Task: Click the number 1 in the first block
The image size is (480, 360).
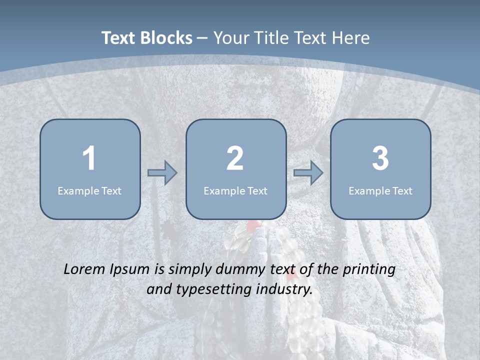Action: point(89,158)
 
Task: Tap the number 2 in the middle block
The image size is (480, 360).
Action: point(235,158)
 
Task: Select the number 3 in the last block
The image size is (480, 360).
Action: point(380,158)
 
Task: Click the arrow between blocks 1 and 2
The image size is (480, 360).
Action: point(162,173)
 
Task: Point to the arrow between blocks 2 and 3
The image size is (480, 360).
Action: point(308,173)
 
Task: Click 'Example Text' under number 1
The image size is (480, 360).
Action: point(89,190)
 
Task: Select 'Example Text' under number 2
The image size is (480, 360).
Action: point(235,190)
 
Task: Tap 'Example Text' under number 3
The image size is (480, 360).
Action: point(380,190)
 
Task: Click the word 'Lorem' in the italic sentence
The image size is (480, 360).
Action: point(84,269)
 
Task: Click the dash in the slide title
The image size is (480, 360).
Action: point(202,38)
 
